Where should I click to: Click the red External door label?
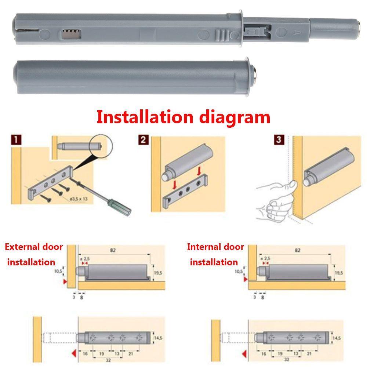tap(34, 247)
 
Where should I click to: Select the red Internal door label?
tap(215, 247)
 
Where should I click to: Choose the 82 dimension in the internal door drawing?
tap(297, 250)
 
